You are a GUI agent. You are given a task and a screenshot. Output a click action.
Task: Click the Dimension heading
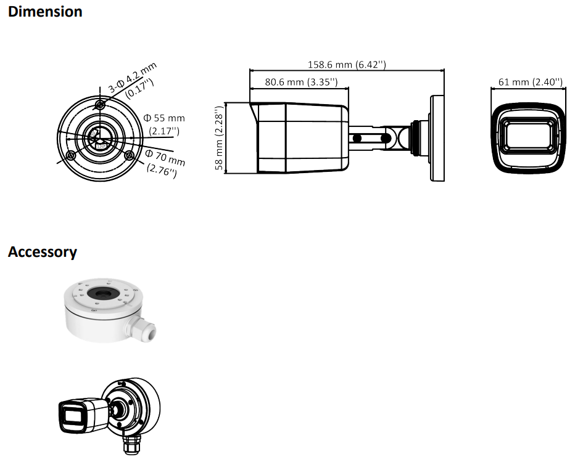[x=45, y=12]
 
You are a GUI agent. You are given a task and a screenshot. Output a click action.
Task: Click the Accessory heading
[x=43, y=252]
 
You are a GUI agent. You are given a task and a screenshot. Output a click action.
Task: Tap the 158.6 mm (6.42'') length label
[x=347, y=65]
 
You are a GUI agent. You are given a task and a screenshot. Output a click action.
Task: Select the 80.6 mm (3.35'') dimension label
[x=301, y=82]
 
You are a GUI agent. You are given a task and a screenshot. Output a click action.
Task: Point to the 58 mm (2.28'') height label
[x=219, y=138]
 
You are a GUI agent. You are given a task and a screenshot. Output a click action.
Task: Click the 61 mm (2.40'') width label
[x=530, y=82]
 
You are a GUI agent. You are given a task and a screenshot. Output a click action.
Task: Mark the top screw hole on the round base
[x=100, y=105]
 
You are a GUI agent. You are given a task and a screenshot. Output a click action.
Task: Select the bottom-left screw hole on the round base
[x=70, y=156]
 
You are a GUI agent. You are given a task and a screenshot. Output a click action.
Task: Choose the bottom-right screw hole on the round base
[x=129, y=156]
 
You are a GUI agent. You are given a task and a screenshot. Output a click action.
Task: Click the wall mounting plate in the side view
[x=437, y=139]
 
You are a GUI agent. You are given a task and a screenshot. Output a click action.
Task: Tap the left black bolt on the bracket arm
[x=357, y=139]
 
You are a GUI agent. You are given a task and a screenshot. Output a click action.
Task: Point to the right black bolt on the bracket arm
[x=385, y=139]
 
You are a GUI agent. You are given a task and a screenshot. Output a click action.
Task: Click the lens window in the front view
[x=528, y=136]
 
